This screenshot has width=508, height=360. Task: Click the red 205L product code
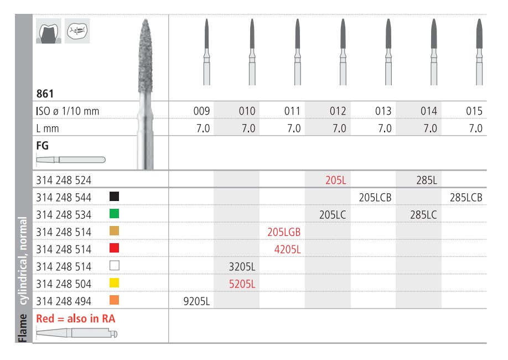point(336,180)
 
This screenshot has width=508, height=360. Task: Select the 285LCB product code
point(466,198)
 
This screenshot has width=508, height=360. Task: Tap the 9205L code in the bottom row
point(196,301)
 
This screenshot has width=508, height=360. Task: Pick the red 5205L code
point(242,284)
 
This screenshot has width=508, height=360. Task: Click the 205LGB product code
point(284,232)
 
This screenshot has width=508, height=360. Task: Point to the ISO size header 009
point(201,111)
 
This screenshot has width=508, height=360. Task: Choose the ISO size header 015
point(474,111)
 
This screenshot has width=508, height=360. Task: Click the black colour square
point(115,197)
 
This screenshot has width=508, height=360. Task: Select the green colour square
point(115,214)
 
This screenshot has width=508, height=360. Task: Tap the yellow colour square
point(115,283)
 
